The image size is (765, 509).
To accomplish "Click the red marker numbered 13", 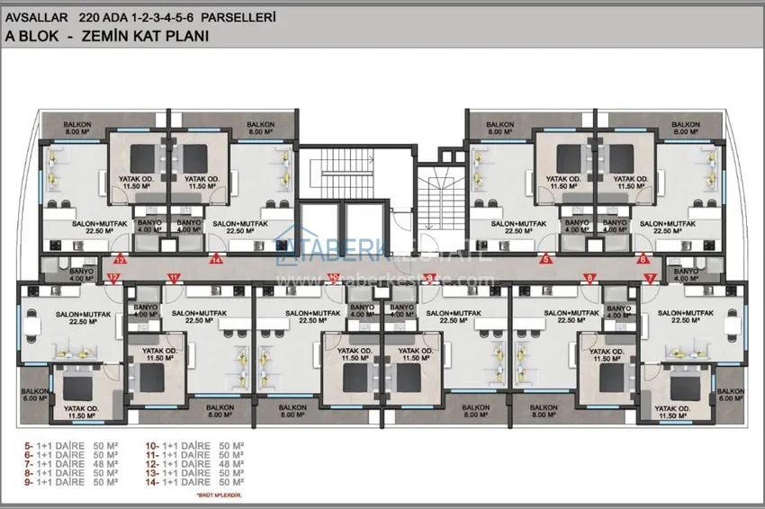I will point(120,260).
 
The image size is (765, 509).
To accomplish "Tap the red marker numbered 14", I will point(216,260).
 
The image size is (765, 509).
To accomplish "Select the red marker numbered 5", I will point(545,260).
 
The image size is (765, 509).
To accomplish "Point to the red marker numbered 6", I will point(643,260).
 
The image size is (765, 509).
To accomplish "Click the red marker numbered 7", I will point(650,278).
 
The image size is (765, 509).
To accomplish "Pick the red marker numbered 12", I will point(113,278).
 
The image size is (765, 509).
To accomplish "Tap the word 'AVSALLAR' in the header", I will point(32,16).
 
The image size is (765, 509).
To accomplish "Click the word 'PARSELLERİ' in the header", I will point(242,16).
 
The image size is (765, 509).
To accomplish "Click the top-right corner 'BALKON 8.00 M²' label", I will point(686,128).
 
